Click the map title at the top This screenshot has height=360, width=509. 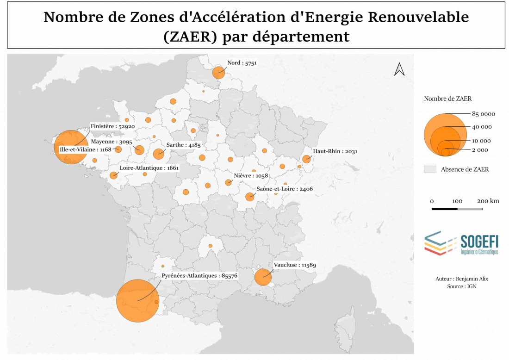point(256,26)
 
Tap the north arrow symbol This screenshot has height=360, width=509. point(399,69)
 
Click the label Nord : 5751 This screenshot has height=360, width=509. point(242,62)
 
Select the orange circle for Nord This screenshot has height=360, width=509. point(218,73)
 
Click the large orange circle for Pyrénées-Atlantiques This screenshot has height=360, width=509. point(138,300)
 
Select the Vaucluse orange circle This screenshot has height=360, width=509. point(263,277)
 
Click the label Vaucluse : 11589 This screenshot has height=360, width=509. point(295,265)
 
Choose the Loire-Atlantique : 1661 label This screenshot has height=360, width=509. point(149,168)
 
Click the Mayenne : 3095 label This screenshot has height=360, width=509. point(112,142)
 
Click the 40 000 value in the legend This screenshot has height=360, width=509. point(482,127)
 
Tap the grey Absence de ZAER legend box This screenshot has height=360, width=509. point(430,169)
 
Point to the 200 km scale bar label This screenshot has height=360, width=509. point(488,201)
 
